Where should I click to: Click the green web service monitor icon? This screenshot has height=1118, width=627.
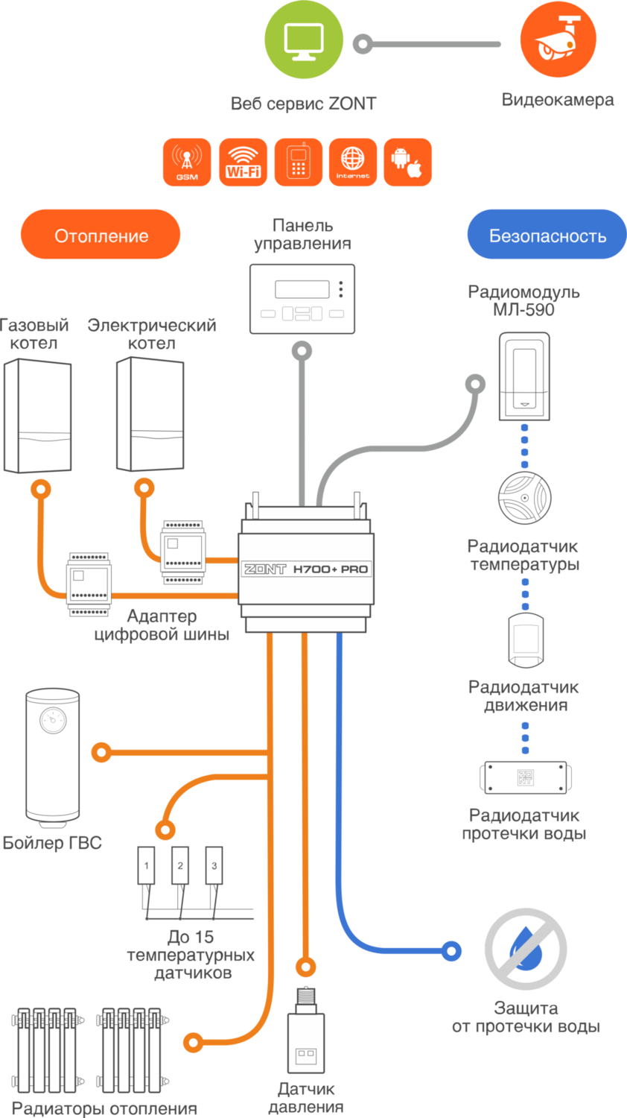click(304, 39)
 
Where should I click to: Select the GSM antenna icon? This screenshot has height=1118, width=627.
click(187, 162)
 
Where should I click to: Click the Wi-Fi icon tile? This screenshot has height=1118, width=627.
click(243, 162)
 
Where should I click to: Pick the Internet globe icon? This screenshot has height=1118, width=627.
click(353, 162)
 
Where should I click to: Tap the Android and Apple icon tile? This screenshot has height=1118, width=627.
click(407, 162)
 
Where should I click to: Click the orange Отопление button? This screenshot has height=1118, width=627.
click(101, 236)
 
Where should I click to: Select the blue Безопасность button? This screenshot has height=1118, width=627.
click(547, 236)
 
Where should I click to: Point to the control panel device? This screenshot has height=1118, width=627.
click(302, 299)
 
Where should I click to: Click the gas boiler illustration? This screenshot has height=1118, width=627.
click(37, 416)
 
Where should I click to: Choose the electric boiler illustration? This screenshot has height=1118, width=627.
click(150, 414)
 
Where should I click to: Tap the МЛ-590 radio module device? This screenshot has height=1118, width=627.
click(524, 376)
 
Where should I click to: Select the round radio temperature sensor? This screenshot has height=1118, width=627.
click(524, 498)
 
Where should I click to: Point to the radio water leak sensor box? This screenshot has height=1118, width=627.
click(525, 777)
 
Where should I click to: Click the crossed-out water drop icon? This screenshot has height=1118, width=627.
click(526, 949)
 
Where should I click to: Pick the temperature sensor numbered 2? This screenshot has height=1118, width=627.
click(180, 865)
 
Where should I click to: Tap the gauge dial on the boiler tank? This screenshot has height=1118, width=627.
click(53, 720)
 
